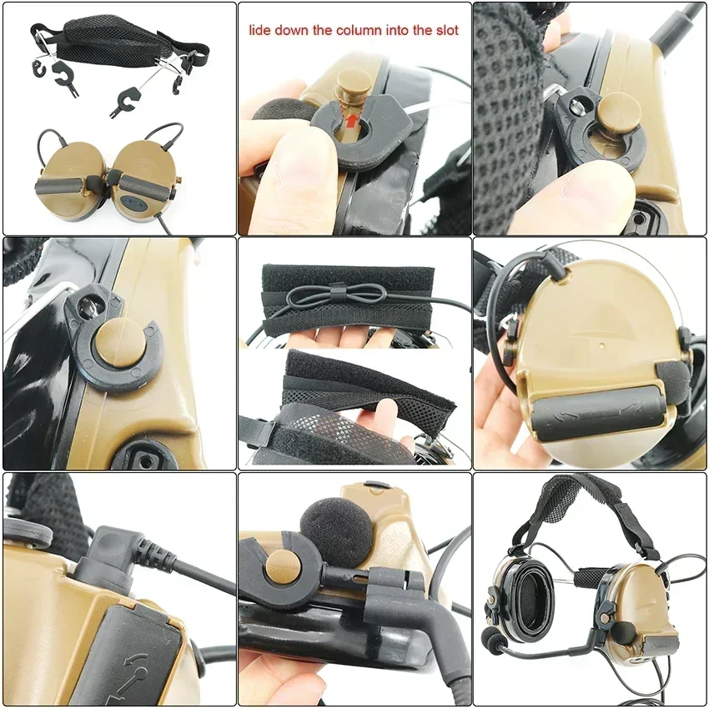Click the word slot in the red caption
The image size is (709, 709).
(445, 31)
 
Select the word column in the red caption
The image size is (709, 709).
(349, 31)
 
